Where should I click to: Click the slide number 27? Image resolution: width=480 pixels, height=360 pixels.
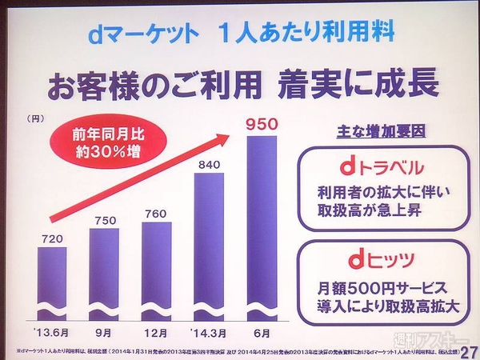coord(469,350)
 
